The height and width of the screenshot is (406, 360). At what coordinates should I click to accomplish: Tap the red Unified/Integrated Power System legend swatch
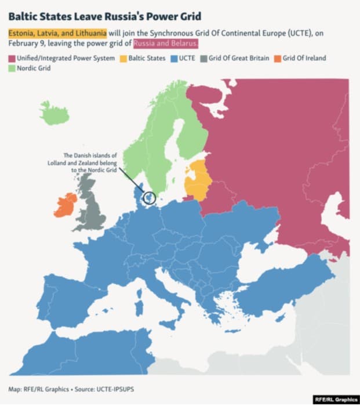click(12, 58)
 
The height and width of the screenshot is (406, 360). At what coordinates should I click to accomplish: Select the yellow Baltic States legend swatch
click(123, 58)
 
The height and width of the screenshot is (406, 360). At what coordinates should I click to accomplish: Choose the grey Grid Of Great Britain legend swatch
click(202, 58)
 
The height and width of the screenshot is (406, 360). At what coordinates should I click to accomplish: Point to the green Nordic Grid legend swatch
click(12, 68)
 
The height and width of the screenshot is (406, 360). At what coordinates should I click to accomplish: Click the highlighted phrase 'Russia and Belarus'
click(166, 43)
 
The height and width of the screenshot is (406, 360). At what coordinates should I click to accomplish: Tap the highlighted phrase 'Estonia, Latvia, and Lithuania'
click(57, 33)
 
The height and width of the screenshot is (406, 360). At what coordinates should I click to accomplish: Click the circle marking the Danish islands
click(150, 198)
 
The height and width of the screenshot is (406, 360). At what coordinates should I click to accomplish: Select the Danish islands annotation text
click(90, 162)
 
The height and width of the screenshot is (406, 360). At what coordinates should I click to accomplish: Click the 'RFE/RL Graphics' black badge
click(334, 400)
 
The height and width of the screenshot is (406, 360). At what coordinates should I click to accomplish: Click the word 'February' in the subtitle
click(24, 43)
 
